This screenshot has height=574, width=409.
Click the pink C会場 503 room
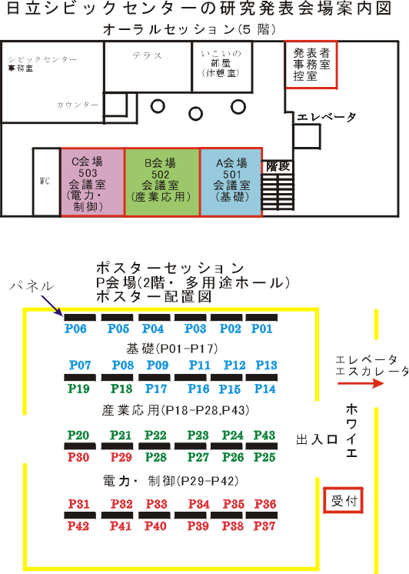pos(92,182)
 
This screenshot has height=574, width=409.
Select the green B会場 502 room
pos(162,182)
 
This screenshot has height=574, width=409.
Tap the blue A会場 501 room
pos(231,182)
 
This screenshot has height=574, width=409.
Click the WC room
pos(46,182)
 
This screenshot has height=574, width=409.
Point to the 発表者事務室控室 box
pos(311,65)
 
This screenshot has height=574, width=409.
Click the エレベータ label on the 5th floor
pos(326,117)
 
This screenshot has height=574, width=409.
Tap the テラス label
pos(147,55)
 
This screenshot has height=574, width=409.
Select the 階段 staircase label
pos(278,166)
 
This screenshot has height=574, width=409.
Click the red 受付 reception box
pos(343,500)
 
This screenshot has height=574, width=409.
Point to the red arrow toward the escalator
pos(361,383)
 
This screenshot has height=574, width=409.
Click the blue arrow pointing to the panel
pos(52,305)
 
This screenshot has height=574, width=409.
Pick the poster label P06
pos(75,329)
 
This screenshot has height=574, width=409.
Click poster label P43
pos(264,436)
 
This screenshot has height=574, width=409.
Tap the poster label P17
pos(156,389)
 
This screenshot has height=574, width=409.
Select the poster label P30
pos(78,457)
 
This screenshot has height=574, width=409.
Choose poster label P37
pos(264,526)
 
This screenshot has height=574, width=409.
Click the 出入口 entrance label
pos(317,439)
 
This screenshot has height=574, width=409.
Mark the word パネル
pos(32,285)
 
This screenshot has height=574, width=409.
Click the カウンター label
pos(77,105)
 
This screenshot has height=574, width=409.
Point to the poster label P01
pos(262,329)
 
